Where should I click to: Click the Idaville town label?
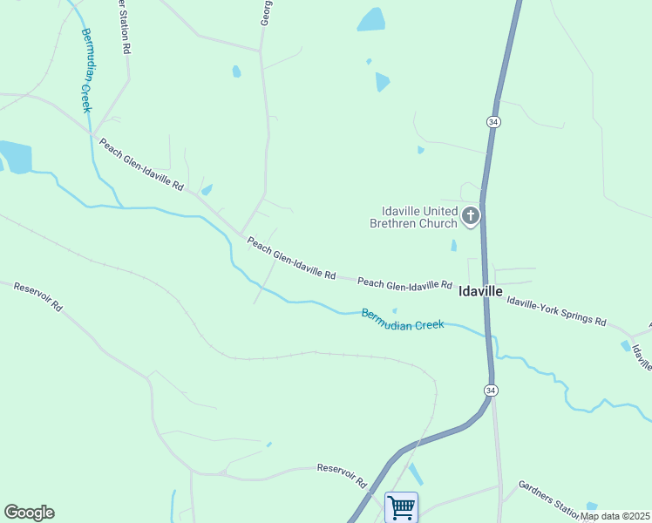click(480, 292)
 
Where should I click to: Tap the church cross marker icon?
click(471, 216)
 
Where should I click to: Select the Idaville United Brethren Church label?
click(419, 217)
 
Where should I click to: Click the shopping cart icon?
click(401, 506)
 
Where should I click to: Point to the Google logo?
click(29, 513)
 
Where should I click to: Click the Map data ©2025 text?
click(615, 516)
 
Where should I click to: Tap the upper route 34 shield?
click(493, 123)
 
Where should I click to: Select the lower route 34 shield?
click(492, 389)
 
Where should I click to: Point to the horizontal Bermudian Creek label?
click(403, 319)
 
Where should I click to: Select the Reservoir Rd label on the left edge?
click(37, 297)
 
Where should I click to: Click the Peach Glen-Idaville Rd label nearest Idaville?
click(404, 283)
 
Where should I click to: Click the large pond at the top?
click(371, 20)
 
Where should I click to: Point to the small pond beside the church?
click(454, 246)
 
